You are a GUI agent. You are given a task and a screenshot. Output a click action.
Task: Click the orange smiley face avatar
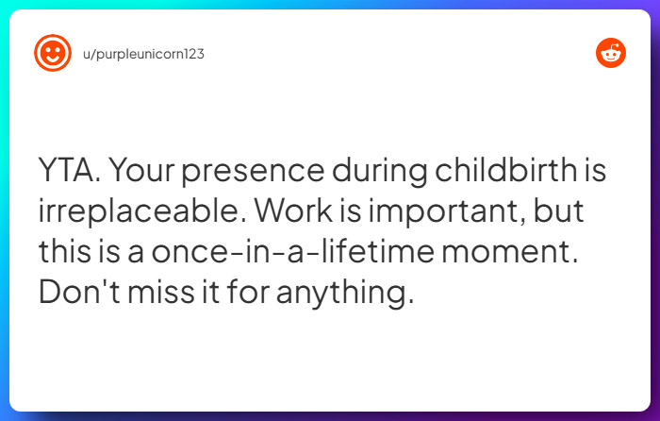click(x=53, y=54)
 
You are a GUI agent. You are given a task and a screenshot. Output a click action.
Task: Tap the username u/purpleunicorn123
click(x=142, y=54)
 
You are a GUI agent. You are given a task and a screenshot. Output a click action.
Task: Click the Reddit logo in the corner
click(x=611, y=54)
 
